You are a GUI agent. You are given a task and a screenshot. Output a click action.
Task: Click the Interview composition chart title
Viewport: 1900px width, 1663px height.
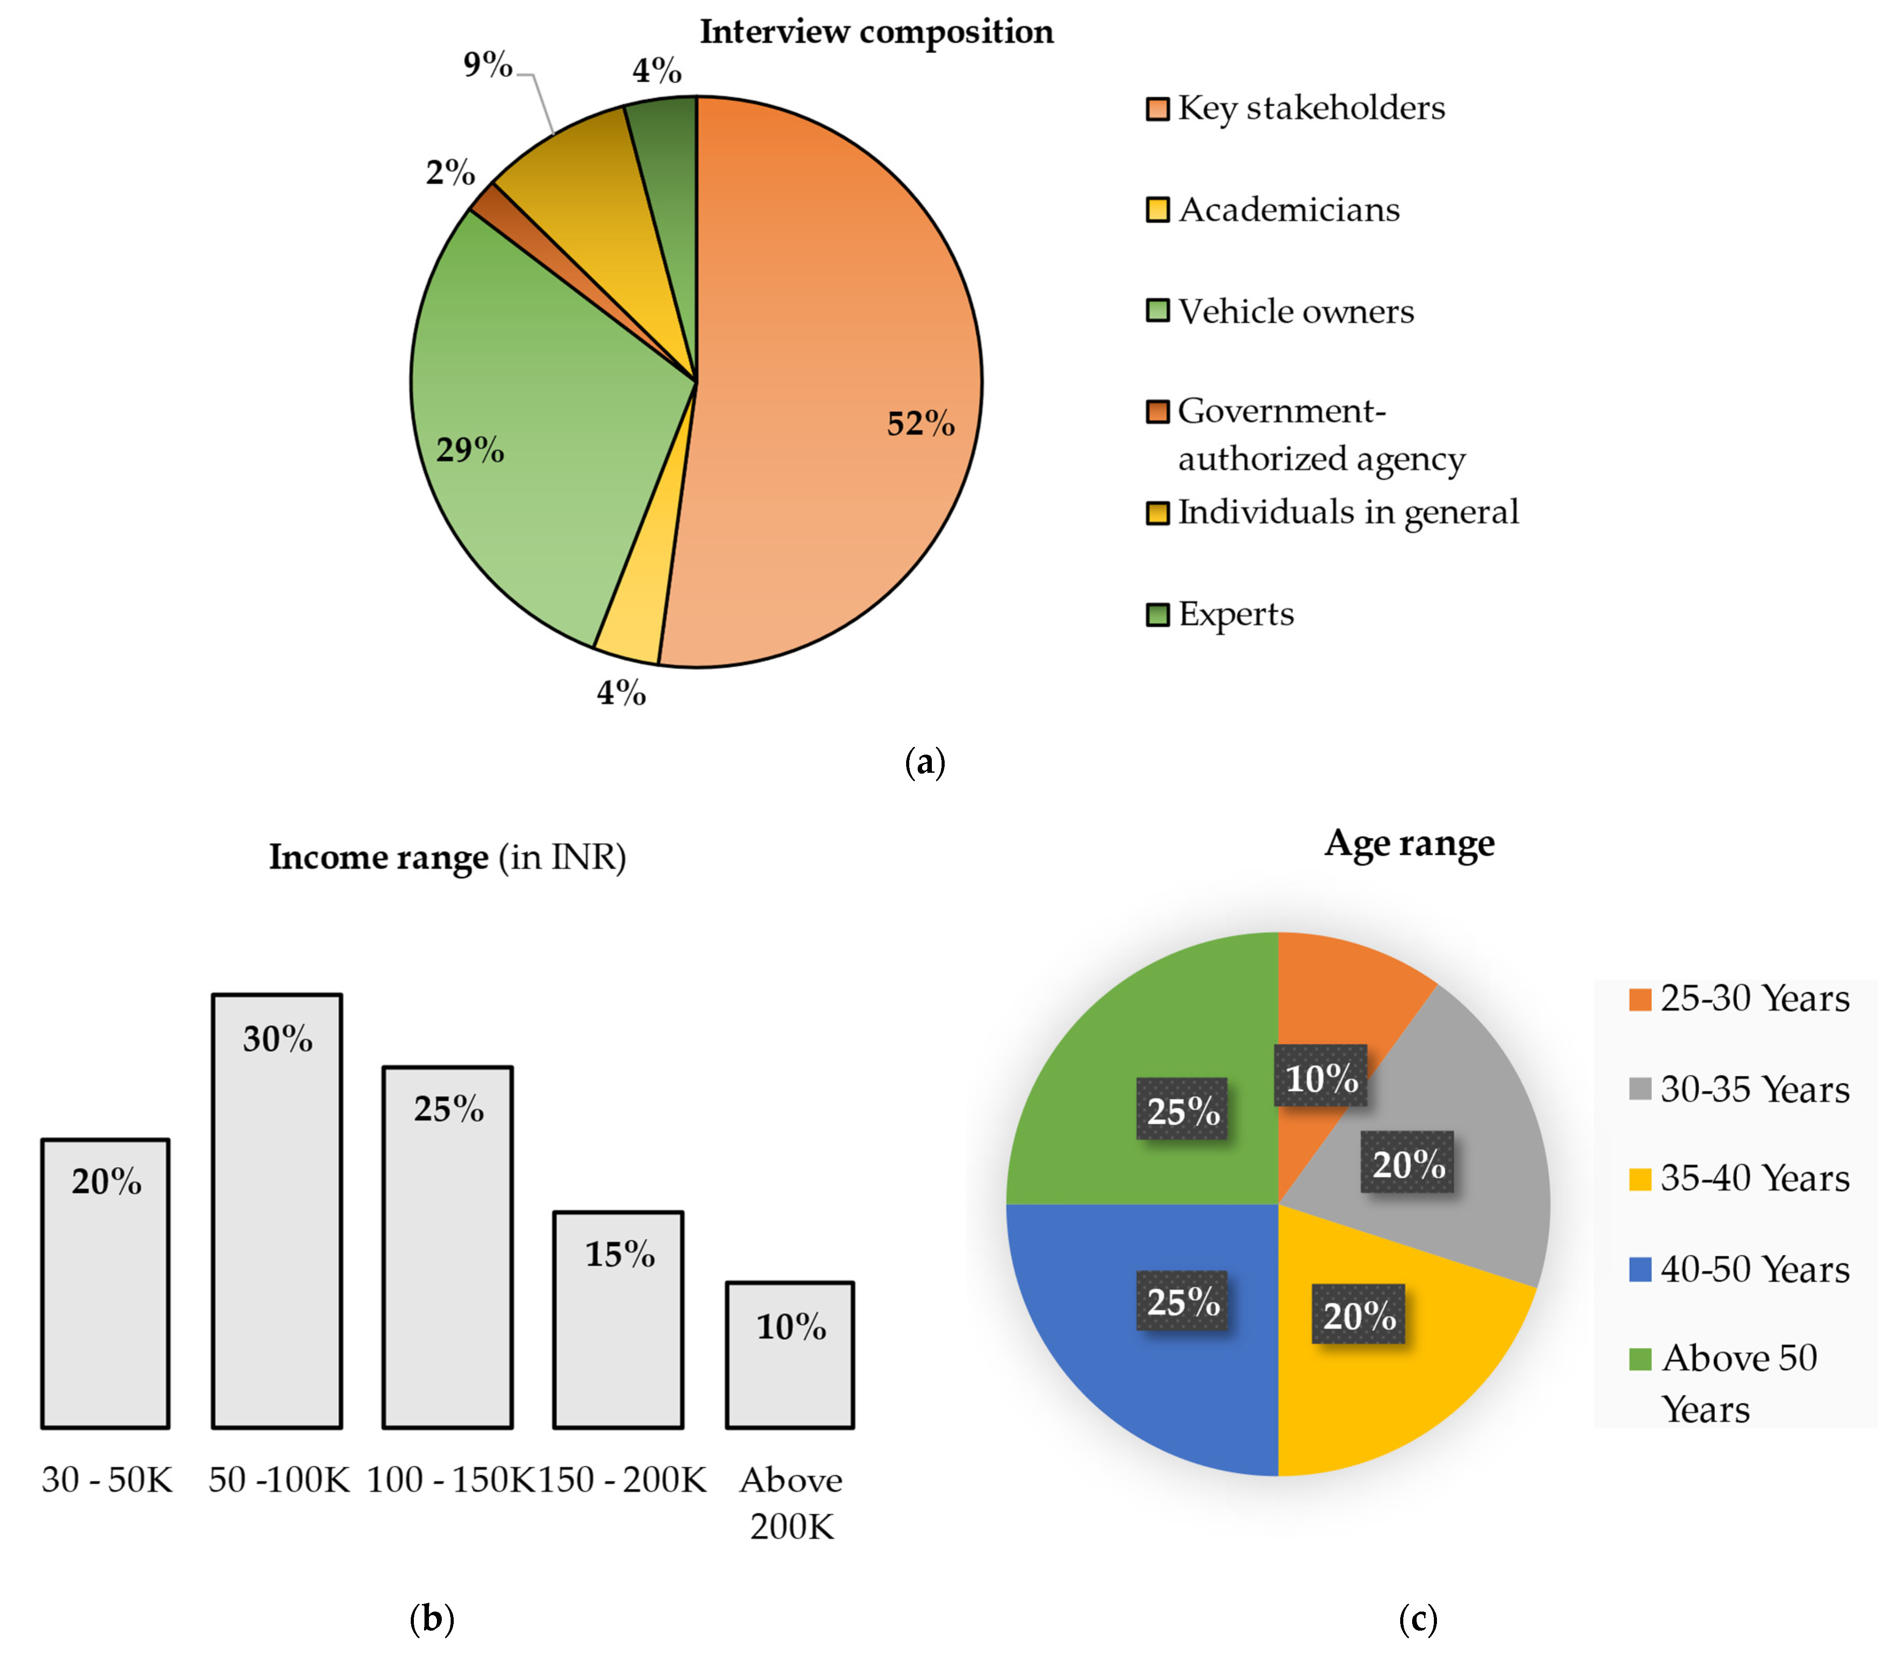coord(876,31)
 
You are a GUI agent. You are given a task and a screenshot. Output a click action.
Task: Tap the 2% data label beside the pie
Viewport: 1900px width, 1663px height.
coord(450,173)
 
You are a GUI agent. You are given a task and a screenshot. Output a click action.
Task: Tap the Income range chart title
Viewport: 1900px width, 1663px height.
coord(447,857)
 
